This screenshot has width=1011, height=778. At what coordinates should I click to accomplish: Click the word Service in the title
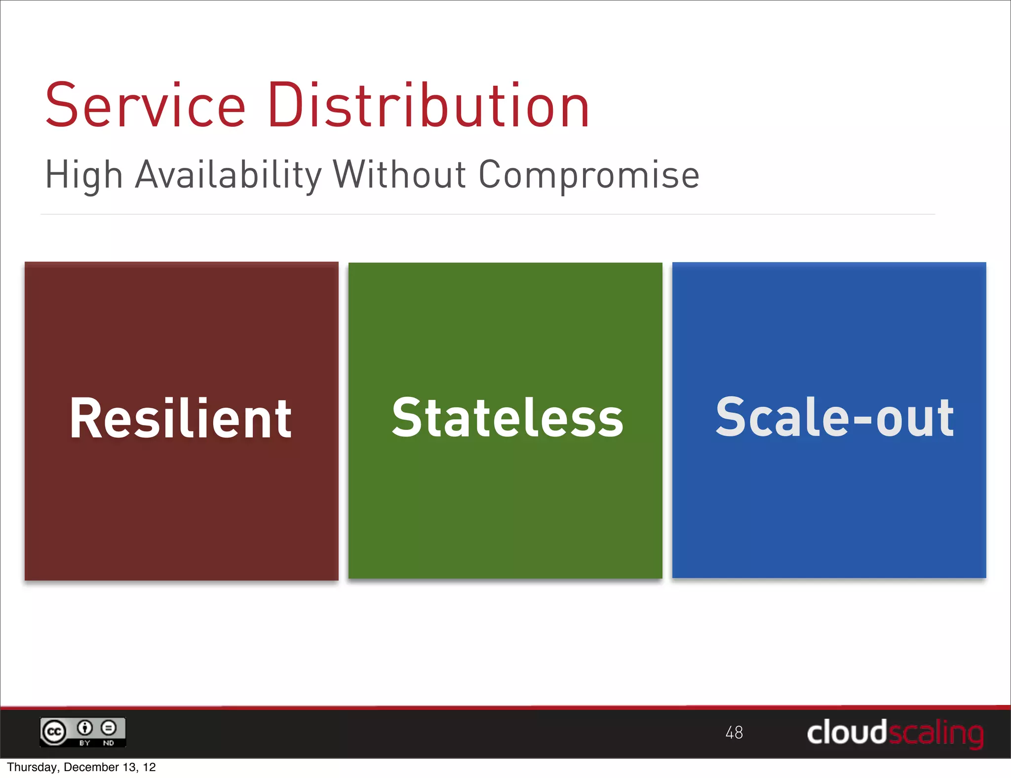coord(145,106)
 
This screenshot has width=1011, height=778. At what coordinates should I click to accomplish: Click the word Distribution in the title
coord(428,106)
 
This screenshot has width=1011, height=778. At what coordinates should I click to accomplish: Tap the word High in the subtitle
coord(83,175)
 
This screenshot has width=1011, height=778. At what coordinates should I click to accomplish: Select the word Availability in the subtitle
coord(228,175)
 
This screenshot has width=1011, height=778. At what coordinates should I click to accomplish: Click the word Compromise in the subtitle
coord(589,175)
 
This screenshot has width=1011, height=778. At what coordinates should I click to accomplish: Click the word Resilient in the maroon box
coord(181,418)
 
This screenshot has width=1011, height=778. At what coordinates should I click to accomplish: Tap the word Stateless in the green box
coord(507,418)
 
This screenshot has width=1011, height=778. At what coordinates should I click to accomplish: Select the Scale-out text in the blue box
coord(834,418)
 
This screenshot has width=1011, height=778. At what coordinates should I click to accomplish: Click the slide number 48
coord(734,733)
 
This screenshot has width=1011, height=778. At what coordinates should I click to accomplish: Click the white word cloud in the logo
coord(846,732)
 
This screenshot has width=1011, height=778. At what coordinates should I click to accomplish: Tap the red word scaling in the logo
coord(936,733)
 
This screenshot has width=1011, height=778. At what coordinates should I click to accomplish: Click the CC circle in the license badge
coord(54,732)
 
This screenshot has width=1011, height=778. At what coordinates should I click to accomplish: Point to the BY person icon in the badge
coord(85,728)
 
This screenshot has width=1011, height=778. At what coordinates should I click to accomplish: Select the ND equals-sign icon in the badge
coord(109,728)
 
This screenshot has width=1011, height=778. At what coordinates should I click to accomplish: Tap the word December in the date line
coord(91,767)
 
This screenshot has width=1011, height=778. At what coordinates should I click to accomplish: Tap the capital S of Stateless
coord(406,417)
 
